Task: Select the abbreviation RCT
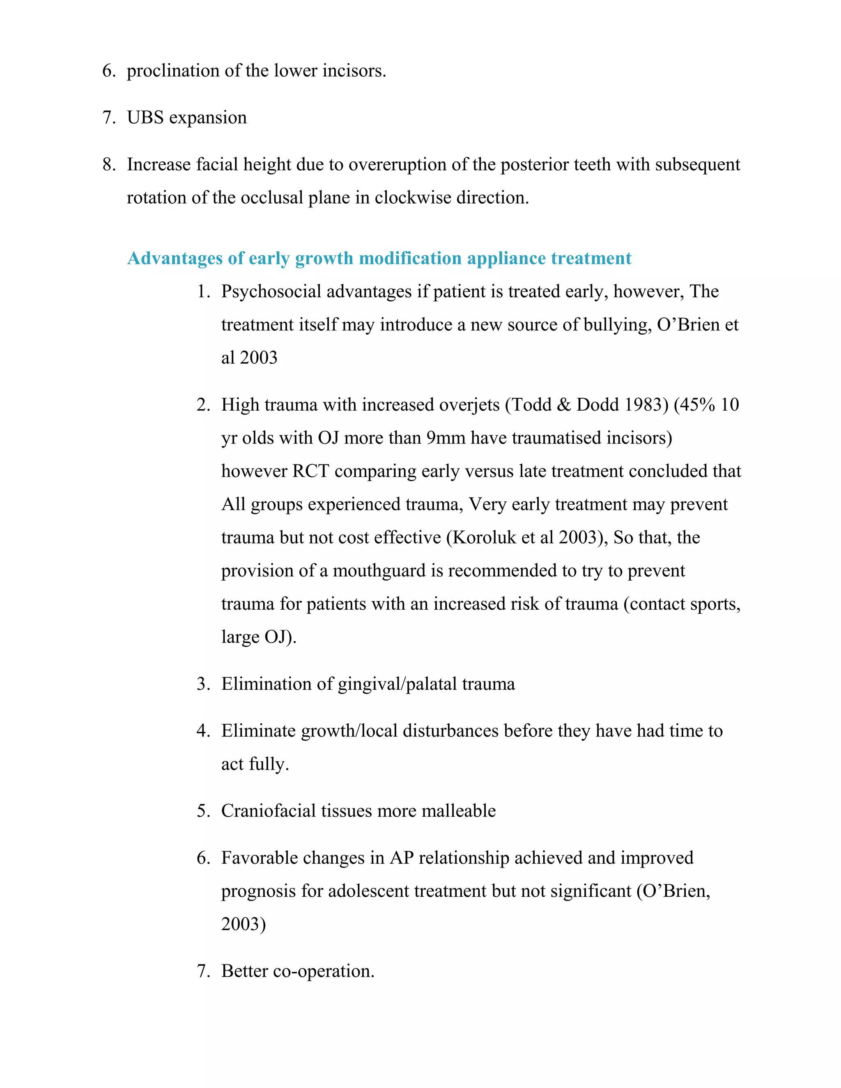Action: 310,472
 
